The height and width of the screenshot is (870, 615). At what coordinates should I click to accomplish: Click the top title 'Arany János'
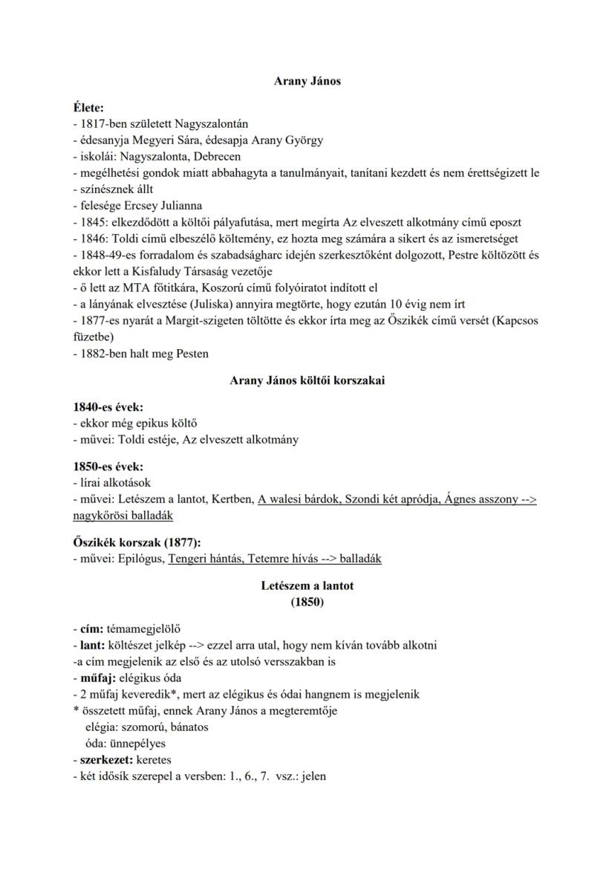307,81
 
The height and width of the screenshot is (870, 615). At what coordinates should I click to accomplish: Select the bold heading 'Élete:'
88,108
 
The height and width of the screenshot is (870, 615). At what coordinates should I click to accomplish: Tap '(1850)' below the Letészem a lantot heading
307,603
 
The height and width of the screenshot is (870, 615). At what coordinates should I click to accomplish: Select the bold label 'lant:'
92,644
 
